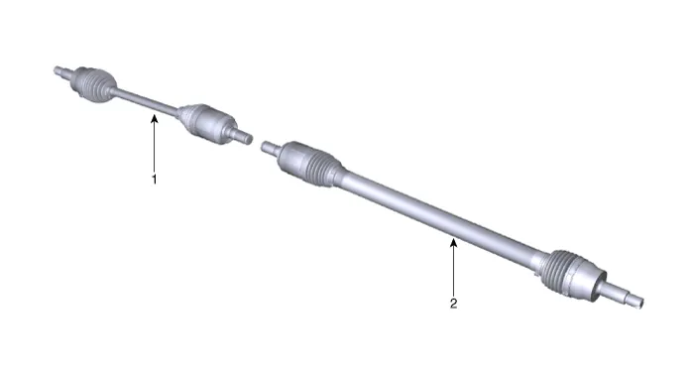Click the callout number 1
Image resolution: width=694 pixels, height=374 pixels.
(154, 180)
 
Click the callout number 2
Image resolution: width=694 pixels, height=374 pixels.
(453, 304)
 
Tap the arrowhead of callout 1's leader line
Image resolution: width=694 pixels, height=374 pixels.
(154, 118)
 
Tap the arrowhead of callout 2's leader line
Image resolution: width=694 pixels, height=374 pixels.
(453, 243)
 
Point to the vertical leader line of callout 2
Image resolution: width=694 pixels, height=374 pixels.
(453, 267)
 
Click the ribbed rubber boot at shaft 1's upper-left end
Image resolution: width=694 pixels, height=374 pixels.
(94, 84)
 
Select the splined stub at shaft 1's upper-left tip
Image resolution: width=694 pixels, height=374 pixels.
(61, 72)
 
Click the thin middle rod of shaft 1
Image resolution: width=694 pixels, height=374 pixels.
(146, 101)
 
